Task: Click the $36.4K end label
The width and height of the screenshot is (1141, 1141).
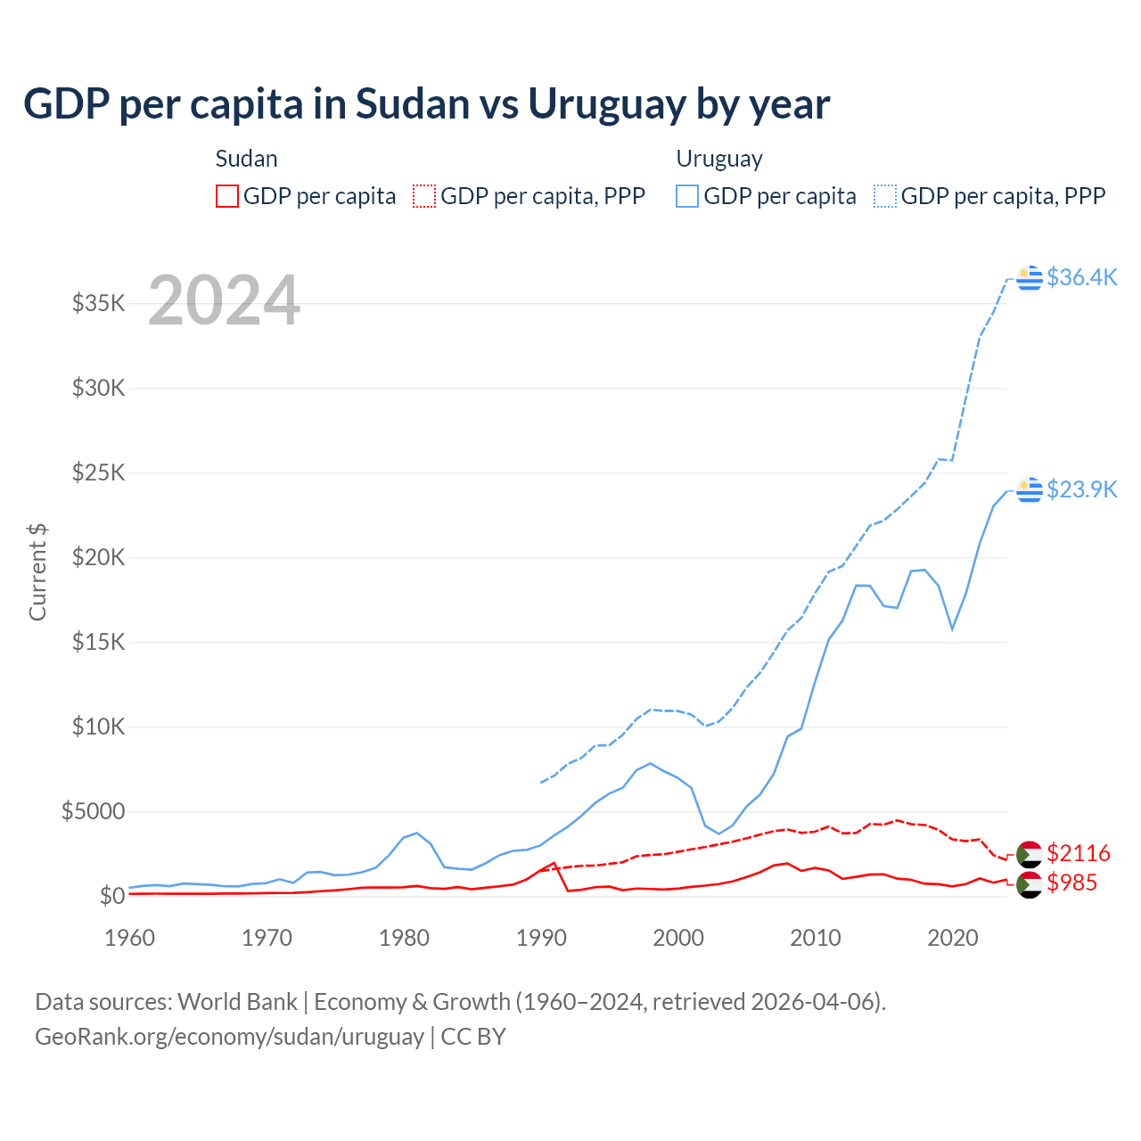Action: (1081, 277)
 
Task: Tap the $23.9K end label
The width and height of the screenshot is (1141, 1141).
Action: (1081, 489)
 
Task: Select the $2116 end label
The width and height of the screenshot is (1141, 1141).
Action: (1079, 853)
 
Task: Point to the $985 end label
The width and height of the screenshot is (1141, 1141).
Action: (1071, 882)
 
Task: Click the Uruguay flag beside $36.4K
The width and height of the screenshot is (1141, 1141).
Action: (1030, 278)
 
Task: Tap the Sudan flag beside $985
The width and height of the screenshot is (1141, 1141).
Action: (1030, 884)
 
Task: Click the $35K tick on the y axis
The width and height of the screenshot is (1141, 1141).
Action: (99, 303)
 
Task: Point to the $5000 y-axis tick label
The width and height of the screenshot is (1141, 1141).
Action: (94, 811)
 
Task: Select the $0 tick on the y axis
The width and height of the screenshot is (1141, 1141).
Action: (112, 896)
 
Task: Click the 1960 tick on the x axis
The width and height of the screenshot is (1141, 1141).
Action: (130, 938)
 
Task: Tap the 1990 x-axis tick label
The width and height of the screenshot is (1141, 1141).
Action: (542, 938)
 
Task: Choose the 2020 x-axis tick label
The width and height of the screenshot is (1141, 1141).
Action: (953, 938)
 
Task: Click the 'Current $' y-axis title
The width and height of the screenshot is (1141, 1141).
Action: (37, 572)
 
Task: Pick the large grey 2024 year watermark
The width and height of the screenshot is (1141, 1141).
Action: (224, 300)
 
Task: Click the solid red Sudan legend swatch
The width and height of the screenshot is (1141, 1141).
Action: (227, 196)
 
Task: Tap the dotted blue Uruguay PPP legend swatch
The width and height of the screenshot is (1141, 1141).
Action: (885, 196)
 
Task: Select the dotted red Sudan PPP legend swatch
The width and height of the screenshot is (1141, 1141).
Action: (424, 196)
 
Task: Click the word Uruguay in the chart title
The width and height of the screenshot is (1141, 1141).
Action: (607, 104)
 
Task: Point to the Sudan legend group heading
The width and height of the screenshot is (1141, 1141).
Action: (247, 159)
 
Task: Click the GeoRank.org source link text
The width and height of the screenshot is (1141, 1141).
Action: (229, 1037)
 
